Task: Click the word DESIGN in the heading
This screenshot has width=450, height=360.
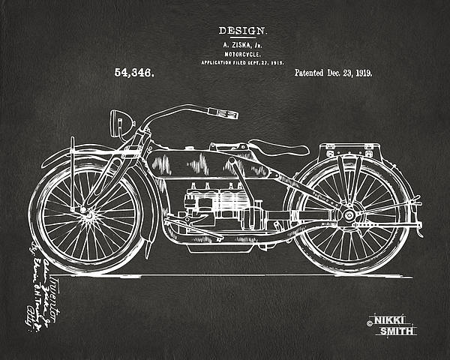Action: click(241, 31)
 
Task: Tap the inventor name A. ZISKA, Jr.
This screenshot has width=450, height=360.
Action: click(241, 45)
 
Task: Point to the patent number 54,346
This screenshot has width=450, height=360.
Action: click(134, 73)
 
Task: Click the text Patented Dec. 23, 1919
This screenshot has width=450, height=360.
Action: click(334, 73)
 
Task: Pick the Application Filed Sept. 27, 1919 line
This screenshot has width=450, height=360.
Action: click(241, 63)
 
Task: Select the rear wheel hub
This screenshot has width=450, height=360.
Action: click(349, 216)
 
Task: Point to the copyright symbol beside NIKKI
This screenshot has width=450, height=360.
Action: click(370, 324)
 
